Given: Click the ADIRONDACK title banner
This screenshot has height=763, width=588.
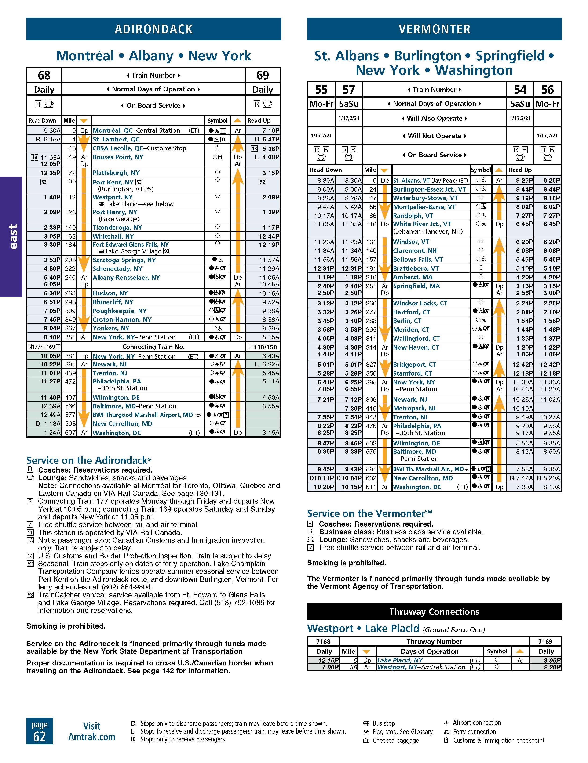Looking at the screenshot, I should pyautogui.click(x=153, y=29).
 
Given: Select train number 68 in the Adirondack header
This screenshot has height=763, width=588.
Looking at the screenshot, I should pyautogui.click(x=44, y=75).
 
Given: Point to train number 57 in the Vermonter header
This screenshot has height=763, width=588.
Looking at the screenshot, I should pyautogui.click(x=349, y=90).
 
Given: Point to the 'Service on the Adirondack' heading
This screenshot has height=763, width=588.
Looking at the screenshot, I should pyautogui.click(x=88, y=460).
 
